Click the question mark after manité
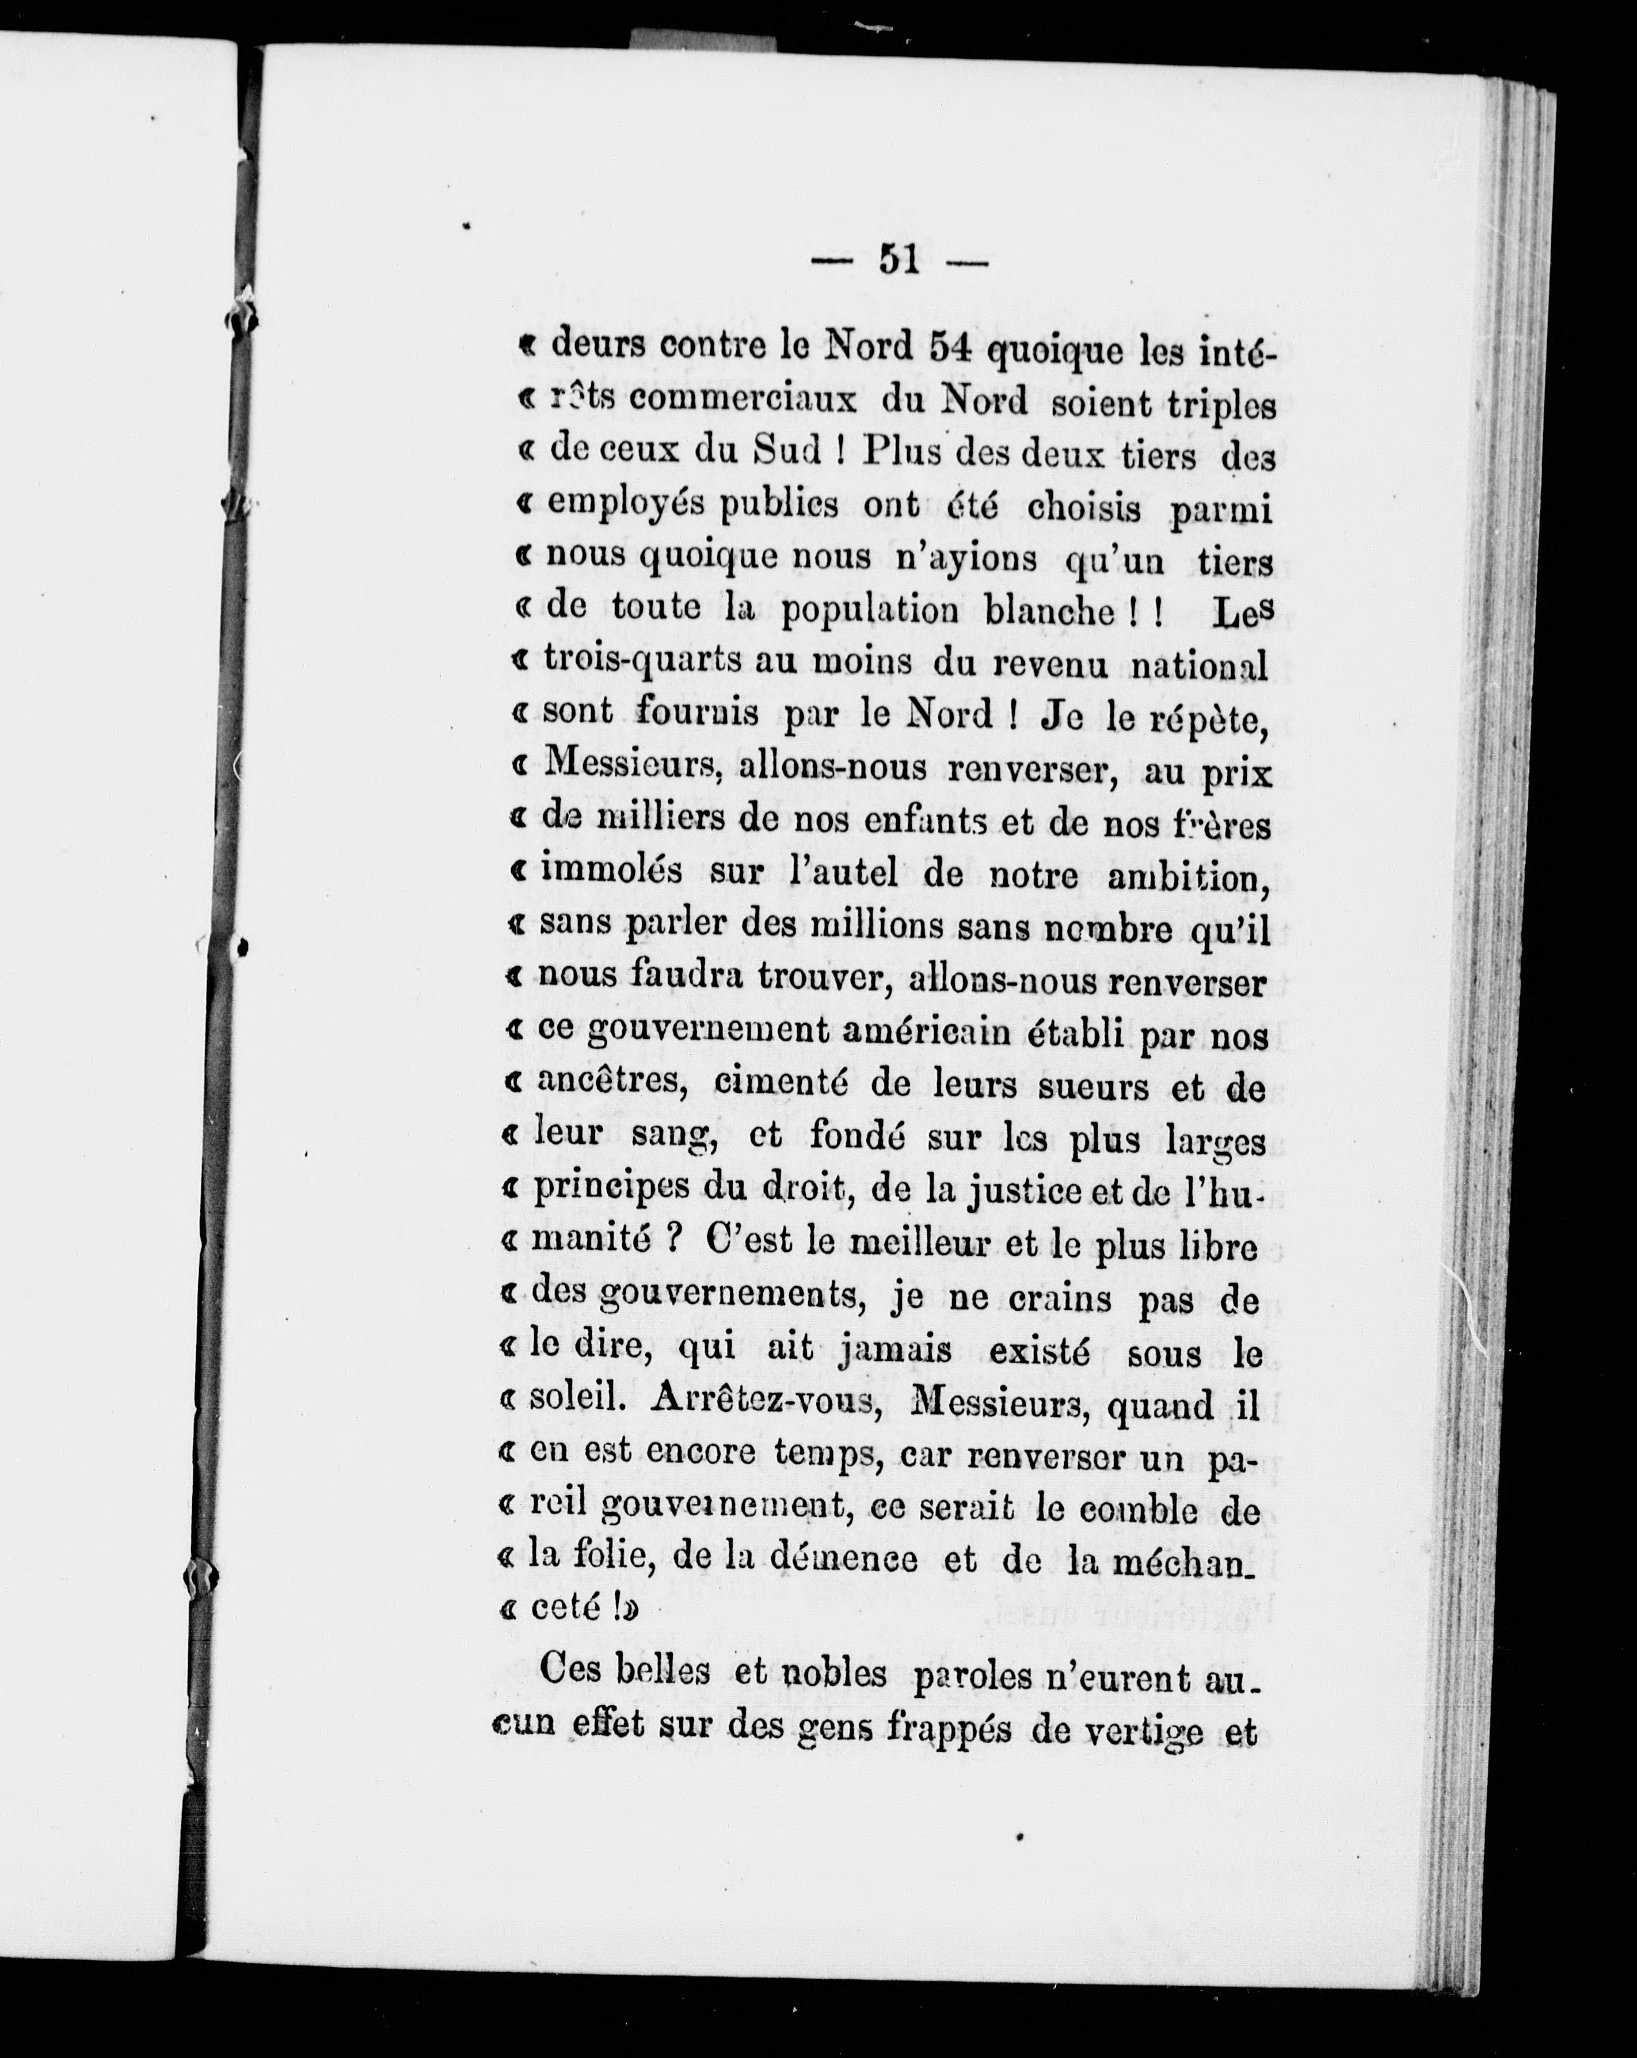pos(673,1243)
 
